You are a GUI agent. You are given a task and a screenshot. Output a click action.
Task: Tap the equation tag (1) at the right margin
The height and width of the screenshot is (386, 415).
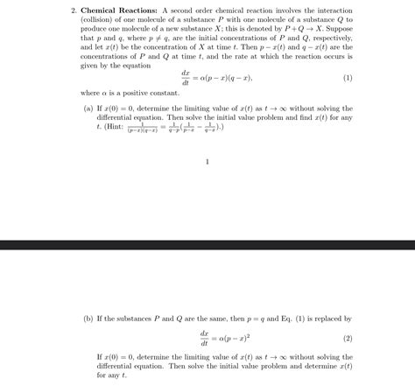point(347,77)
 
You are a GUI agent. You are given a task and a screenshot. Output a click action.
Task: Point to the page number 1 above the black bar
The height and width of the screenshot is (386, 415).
point(207,161)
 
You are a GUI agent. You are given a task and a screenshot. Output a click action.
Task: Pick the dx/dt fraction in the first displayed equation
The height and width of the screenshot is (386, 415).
point(185,77)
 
